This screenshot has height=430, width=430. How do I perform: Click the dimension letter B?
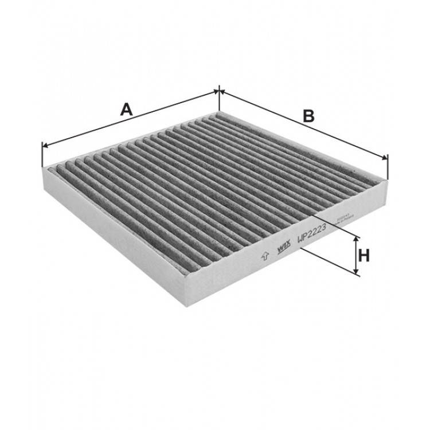[309, 115]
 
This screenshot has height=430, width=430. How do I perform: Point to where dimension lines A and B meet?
[219, 90]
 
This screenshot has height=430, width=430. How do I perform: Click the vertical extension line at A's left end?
[43, 155]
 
